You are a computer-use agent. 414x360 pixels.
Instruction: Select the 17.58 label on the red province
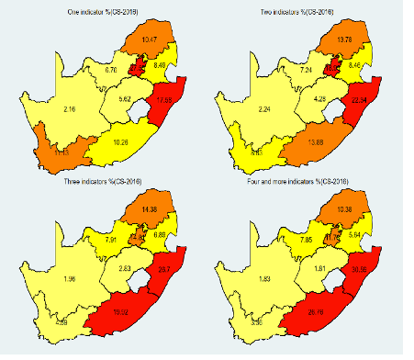pos(165,99)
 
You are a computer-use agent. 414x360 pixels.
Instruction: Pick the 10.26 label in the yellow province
pos(129,141)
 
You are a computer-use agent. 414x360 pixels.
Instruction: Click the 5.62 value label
pos(127,97)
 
